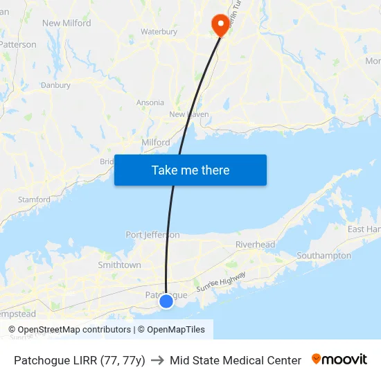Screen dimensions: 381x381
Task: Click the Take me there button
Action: point(190,170)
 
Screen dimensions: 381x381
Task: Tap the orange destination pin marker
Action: point(221,24)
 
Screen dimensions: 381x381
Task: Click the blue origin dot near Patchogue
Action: point(166,301)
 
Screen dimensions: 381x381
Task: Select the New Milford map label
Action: point(67,23)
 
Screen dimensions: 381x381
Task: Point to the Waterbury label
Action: point(159,32)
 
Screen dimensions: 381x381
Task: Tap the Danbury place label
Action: point(55,85)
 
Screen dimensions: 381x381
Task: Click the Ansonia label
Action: point(150,103)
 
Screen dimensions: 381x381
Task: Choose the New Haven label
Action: point(189,114)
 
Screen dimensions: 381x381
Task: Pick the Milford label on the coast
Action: point(156,142)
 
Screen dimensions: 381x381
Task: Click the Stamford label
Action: point(35,200)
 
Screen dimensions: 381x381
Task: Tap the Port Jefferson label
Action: point(152,235)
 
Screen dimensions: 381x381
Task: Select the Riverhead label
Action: point(255,245)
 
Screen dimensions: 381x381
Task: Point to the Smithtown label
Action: point(119,265)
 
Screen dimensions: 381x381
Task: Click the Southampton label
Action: point(324,256)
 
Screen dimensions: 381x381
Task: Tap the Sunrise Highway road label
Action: point(221,281)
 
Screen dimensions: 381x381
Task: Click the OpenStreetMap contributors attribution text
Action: point(74,330)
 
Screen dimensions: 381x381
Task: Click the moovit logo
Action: point(339,360)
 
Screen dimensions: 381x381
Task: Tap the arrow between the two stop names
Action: point(157,360)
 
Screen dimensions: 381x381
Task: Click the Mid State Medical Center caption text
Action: point(236,360)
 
